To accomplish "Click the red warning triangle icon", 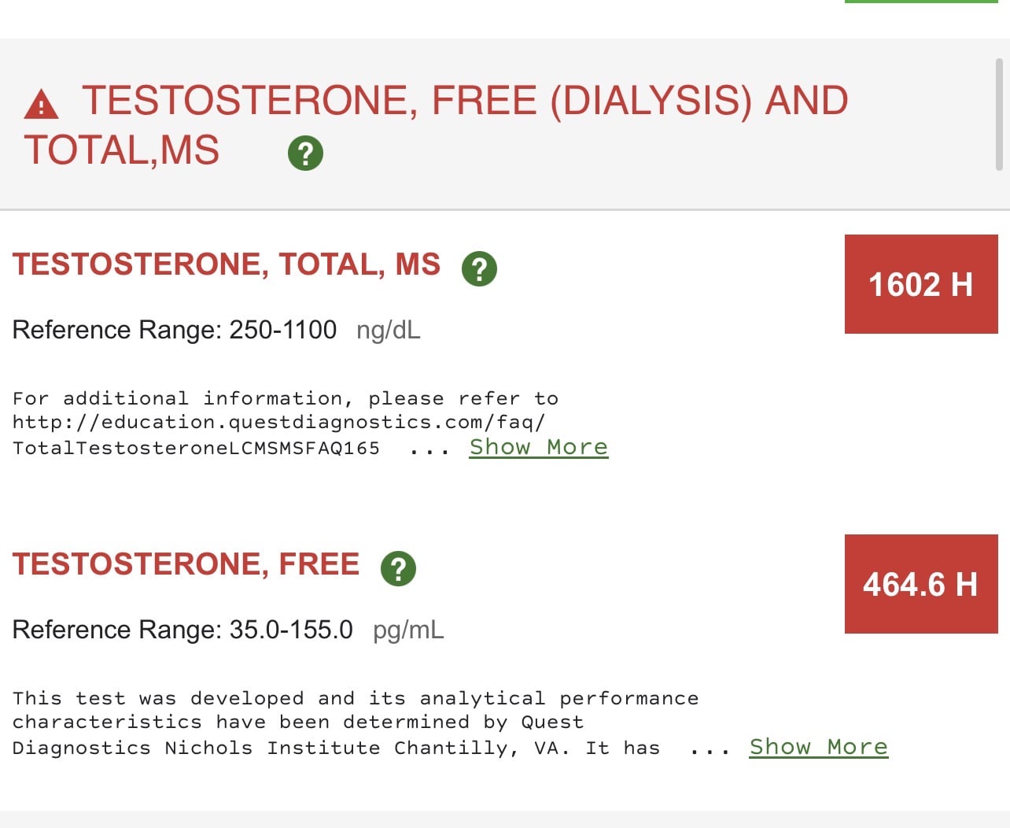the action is coord(41,104).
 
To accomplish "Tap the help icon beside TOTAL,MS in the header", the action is coord(305,153).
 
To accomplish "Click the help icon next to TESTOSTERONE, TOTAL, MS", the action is coord(479,269).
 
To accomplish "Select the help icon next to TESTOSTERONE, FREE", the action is coord(399,569).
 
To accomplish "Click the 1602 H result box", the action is coord(921,284).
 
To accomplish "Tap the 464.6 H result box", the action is coord(921,584).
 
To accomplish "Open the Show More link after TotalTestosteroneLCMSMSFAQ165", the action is coord(539,448).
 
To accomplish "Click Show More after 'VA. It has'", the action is coord(819,748).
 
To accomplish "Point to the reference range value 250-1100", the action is coord(283,330).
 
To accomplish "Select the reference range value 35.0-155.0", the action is coord(291,630).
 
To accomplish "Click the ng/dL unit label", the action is coord(389,330).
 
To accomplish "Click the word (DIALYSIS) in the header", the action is coord(651,101).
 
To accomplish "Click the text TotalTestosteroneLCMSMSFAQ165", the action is coord(196,449).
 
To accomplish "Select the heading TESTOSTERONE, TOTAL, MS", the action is coord(226,264).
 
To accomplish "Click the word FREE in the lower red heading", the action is coord(319,564).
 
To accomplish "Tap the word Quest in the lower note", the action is coord(553,723).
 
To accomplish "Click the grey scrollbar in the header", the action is coord(999,114).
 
